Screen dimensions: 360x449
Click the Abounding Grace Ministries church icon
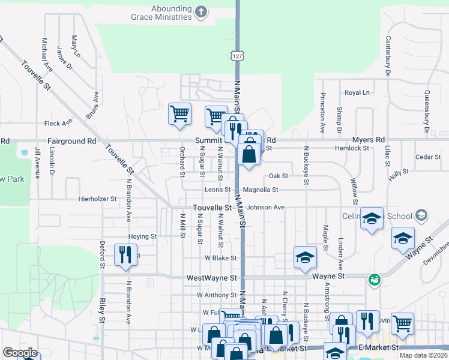click(201, 10)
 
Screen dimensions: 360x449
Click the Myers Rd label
click(369, 140)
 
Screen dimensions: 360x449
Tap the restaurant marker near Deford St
click(125, 254)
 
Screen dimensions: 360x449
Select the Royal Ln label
click(357, 93)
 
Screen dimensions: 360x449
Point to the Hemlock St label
click(352, 148)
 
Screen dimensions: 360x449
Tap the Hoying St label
click(142, 237)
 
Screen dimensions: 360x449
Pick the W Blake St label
click(220, 258)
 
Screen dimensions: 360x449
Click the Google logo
click(20, 353)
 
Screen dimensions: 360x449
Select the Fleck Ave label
click(58, 123)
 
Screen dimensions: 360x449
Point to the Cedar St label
click(428, 157)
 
